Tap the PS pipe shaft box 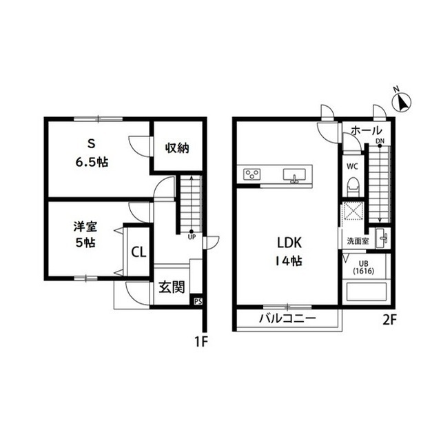coord(198,301)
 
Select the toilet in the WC coord(353,187)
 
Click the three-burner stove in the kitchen coord(252,174)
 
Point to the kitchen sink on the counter coord(294,176)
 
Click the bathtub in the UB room coord(367,292)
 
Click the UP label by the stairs coord(192,237)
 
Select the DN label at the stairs coord(380,141)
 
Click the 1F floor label coord(201,342)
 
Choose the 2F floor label coord(389,320)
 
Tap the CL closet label coord(139,252)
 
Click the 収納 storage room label coord(177,148)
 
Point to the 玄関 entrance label coord(172,287)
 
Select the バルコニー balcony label coord(288,318)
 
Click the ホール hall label coord(367,130)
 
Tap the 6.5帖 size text coord(92,163)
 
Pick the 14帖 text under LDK coord(289,262)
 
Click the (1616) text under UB coord(364,271)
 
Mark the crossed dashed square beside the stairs coord(352,210)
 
